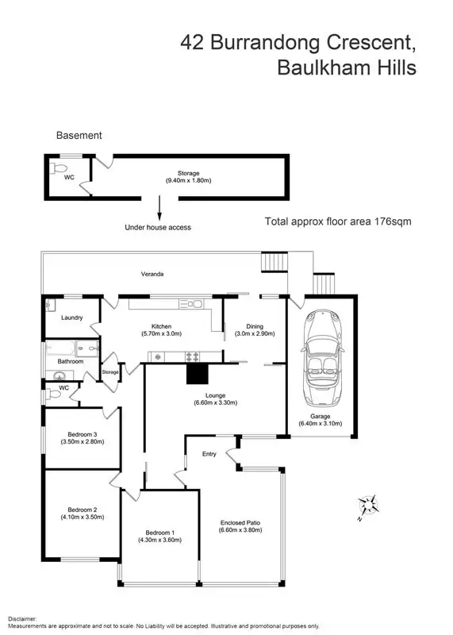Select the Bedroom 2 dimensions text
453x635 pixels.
(x=83, y=517)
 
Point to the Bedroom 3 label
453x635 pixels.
(x=82, y=434)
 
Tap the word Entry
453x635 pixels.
(x=209, y=454)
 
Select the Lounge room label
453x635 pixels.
(x=214, y=394)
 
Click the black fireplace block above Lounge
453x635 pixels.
(x=196, y=375)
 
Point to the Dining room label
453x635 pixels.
(x=255, y=326)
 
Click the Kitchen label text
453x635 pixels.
(x=163, y=326)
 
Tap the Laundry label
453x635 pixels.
(x=72, y=317)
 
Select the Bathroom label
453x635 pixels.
(x=70, y=361)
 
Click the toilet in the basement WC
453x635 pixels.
(x=56, y=169)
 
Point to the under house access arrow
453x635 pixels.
(x=159, y=208)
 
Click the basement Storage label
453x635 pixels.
(x=188, y=173)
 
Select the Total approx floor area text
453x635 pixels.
(x=338, y=221)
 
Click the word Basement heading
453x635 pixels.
(x=79, y=136)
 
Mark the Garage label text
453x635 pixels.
(x=321, y=415)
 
